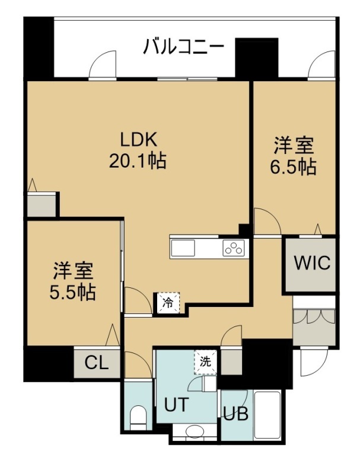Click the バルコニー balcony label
[x=184, y=47]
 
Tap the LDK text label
[x=139, y=140]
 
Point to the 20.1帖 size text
[x=138, y=161]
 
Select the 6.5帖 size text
[x=293, y=166]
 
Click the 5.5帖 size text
[x=72, y=292]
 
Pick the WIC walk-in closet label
[x=312, y=262]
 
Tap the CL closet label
[x=97, y=363]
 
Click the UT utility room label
[x=176, y=405]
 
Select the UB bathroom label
[x=236, y=414]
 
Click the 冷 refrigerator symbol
[x=168, y=303]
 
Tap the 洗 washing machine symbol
[x=206, y=362]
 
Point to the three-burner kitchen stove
[x=234, y=248]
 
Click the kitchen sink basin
[x=183, y=248]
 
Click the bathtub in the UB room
[x=267, y=415]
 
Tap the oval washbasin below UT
[x=195, y=431]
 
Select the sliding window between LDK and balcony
[x=187, y=79]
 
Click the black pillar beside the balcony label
[x=257, y=58]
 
